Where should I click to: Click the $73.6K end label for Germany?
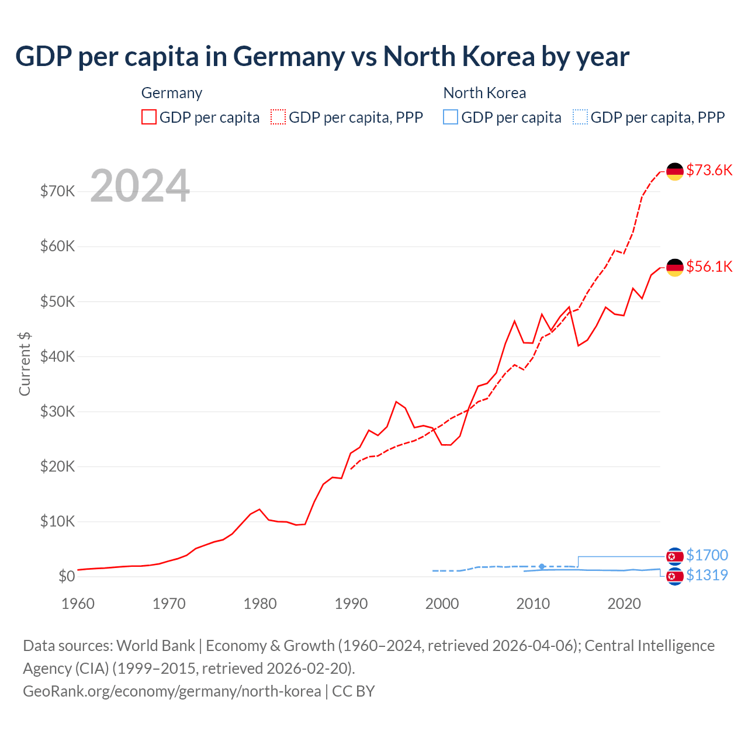tap(709, 170)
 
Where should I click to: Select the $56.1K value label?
tap(709, 266)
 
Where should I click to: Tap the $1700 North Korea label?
tap(707, 555)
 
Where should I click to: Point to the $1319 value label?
tap(707, 575)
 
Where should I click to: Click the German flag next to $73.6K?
tap(675, 171)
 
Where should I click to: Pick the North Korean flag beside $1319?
tap(675, 577)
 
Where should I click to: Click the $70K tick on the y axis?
tap(57, 191)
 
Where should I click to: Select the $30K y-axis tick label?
tap(57, 411)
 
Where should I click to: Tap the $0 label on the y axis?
tap(67, 576)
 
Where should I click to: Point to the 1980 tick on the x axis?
tap(260, 604)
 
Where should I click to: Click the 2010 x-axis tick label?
tap(533, 604)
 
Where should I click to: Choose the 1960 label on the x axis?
tap(78, 604)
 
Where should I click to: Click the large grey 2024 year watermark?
tap(140, 186)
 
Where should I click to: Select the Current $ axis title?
tap(25, 363)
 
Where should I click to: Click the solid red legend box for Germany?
tap(149, 117)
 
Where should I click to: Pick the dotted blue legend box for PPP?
tap(580, 117)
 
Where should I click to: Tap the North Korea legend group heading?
tap(484, 93)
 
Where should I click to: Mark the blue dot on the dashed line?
tap(542, 566)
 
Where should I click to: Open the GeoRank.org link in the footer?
tap(172, 691)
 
